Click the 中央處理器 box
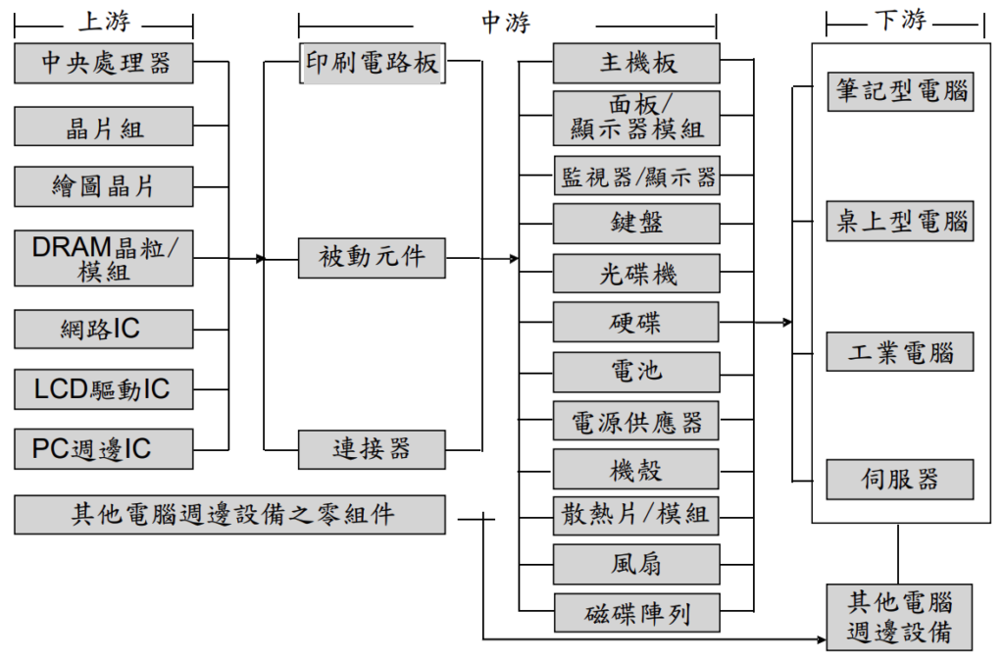click(x=104, y=63)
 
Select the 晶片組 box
click(x=104, y=127)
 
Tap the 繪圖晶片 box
click(x=104, y=186)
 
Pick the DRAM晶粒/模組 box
click(x=104, y=258)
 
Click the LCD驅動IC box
click(x=104, y=389)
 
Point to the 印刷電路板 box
click(x=372, y=63)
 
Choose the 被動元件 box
click(x=372, y=258)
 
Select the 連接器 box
click(x=372, y=449)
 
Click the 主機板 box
click(x=636, y=63)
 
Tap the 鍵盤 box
click(x=636, y=223)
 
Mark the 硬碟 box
click(x=636, y=322)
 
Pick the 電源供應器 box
click(x=636, y=421)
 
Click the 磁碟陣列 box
click(x=636, y=613)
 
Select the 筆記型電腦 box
click(x=900, y=90)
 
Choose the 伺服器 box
click(x=900, y=479)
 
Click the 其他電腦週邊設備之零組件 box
click(x=231, y=515)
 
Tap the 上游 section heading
click(x=104, y=21)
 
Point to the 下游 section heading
click(x=901, y=20)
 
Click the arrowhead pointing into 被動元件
click(x=261, y=259)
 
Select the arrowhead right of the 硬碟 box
click(x=787, y=322)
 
